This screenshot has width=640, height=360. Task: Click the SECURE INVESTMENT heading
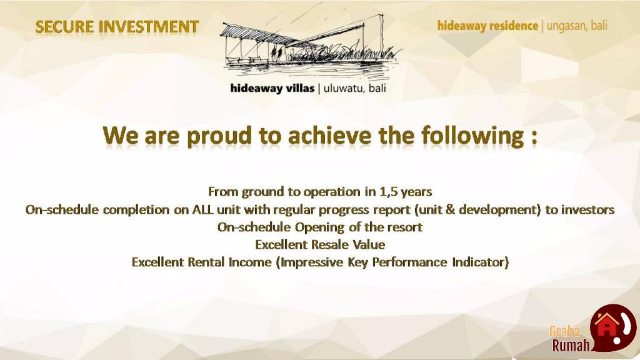click(x=117, y=27)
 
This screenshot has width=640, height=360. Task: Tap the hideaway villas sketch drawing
click(x=311, y=46)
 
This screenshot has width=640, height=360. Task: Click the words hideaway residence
click(x=487, y=26)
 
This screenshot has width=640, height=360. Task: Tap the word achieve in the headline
click(x=330, y=136)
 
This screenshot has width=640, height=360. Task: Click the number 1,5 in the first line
click(x=388, y=191)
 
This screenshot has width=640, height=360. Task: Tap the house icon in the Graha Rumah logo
click(x=606, y=325)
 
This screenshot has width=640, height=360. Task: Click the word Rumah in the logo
click(x=571, y=346)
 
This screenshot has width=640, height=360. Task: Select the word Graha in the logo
click(x=564, y=331)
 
